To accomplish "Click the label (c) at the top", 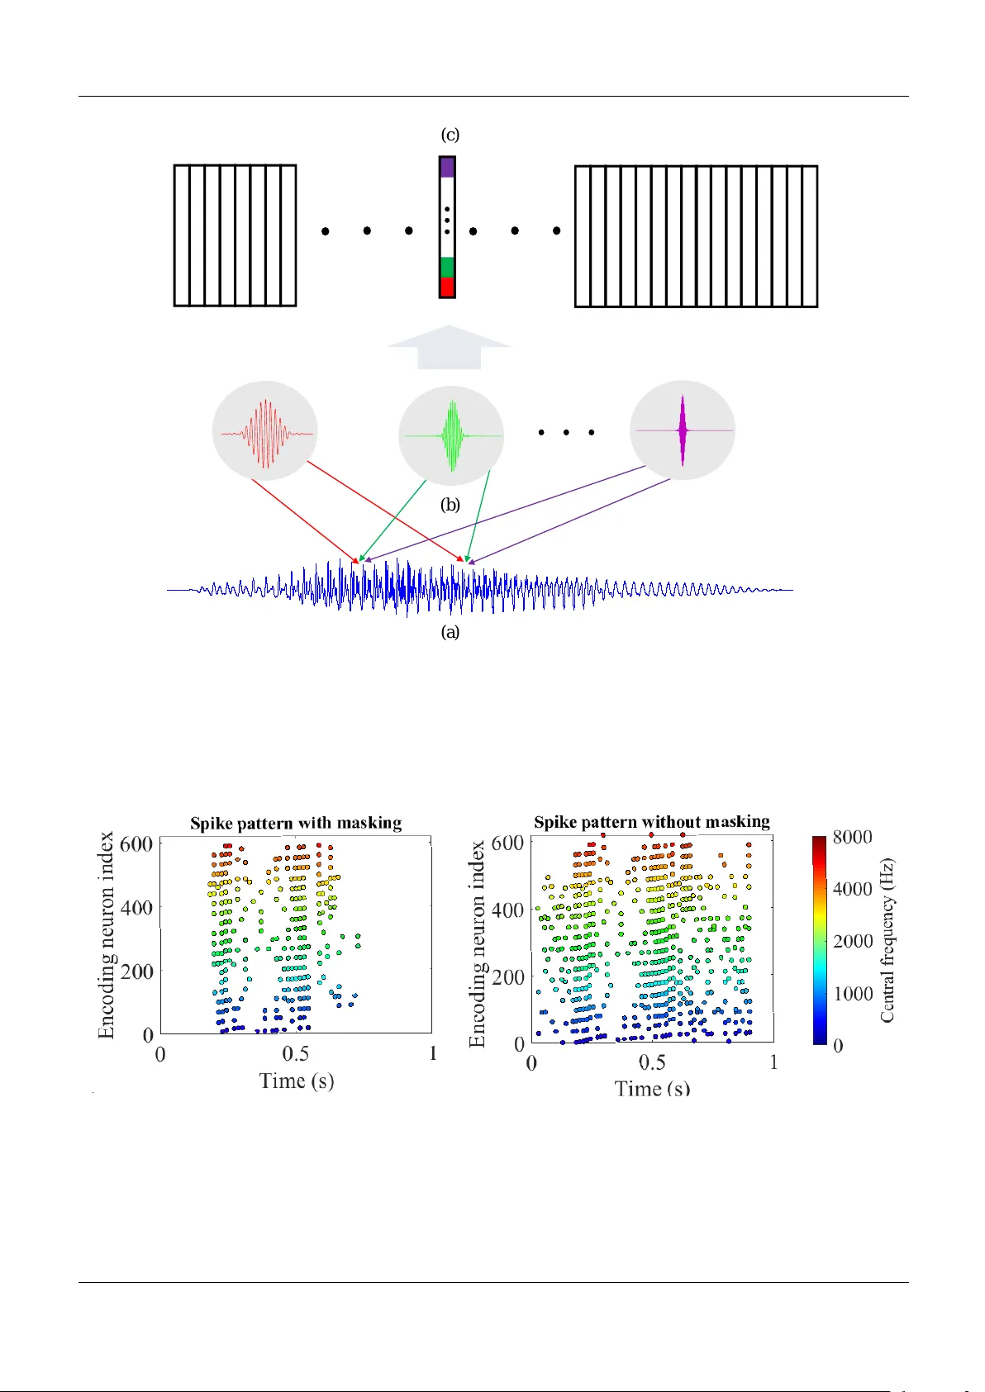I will click(x=450, y=135).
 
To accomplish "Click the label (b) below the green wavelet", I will click(x=450, y=505).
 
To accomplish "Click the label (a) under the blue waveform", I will click(x=450, y=632).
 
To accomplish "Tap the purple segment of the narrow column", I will click(x=447, y=168).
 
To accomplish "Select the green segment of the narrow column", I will click(x=447, y=267).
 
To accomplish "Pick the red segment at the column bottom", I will click(x=447, y=287).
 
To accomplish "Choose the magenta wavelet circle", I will click(x=682, y=430).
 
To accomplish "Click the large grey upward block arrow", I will click(x=449, y=347).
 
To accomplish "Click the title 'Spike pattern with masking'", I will click(x=296, y=823).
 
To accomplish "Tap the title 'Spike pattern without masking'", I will click(x=651, y=821).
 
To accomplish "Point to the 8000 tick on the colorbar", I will click(x=852, y=837).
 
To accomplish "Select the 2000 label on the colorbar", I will click(x=852, y=941).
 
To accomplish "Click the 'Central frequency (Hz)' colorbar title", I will click(x=887, y=940).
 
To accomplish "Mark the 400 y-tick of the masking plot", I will click(x=136, y=907).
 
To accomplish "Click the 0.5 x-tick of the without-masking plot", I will click(x=652, y=1062).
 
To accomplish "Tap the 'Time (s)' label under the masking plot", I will click(x=296, y=1081).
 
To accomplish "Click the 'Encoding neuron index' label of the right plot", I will click(x=478, y=944).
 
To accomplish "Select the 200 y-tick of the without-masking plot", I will click(x=508, y=976).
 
